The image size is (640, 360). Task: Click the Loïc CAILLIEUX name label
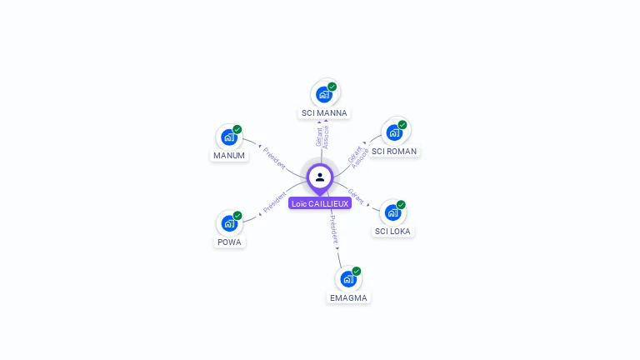(320, 203)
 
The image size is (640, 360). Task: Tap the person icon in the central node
(320, 177)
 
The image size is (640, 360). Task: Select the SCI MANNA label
(324, 112)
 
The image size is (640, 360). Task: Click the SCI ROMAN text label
(394, 151)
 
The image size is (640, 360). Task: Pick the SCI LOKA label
(392, 231)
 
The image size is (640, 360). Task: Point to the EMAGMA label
(347, 297)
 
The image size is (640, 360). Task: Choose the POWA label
(229, 242)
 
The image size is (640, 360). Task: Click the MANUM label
(229, 155)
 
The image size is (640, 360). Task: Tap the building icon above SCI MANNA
(323, 94)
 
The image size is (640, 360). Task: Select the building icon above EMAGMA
(347, 278)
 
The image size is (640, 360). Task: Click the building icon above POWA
(229, 223)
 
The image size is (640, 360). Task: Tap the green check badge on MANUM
(237, 129)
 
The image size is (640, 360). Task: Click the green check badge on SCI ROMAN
(402, 125)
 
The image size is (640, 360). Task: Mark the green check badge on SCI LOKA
(401, 204)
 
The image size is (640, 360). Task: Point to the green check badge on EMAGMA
(357, 271)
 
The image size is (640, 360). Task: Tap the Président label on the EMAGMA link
(333, 230)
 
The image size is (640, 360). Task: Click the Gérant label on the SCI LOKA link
(356, 196)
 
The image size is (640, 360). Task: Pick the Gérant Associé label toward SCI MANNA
(322, 137)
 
